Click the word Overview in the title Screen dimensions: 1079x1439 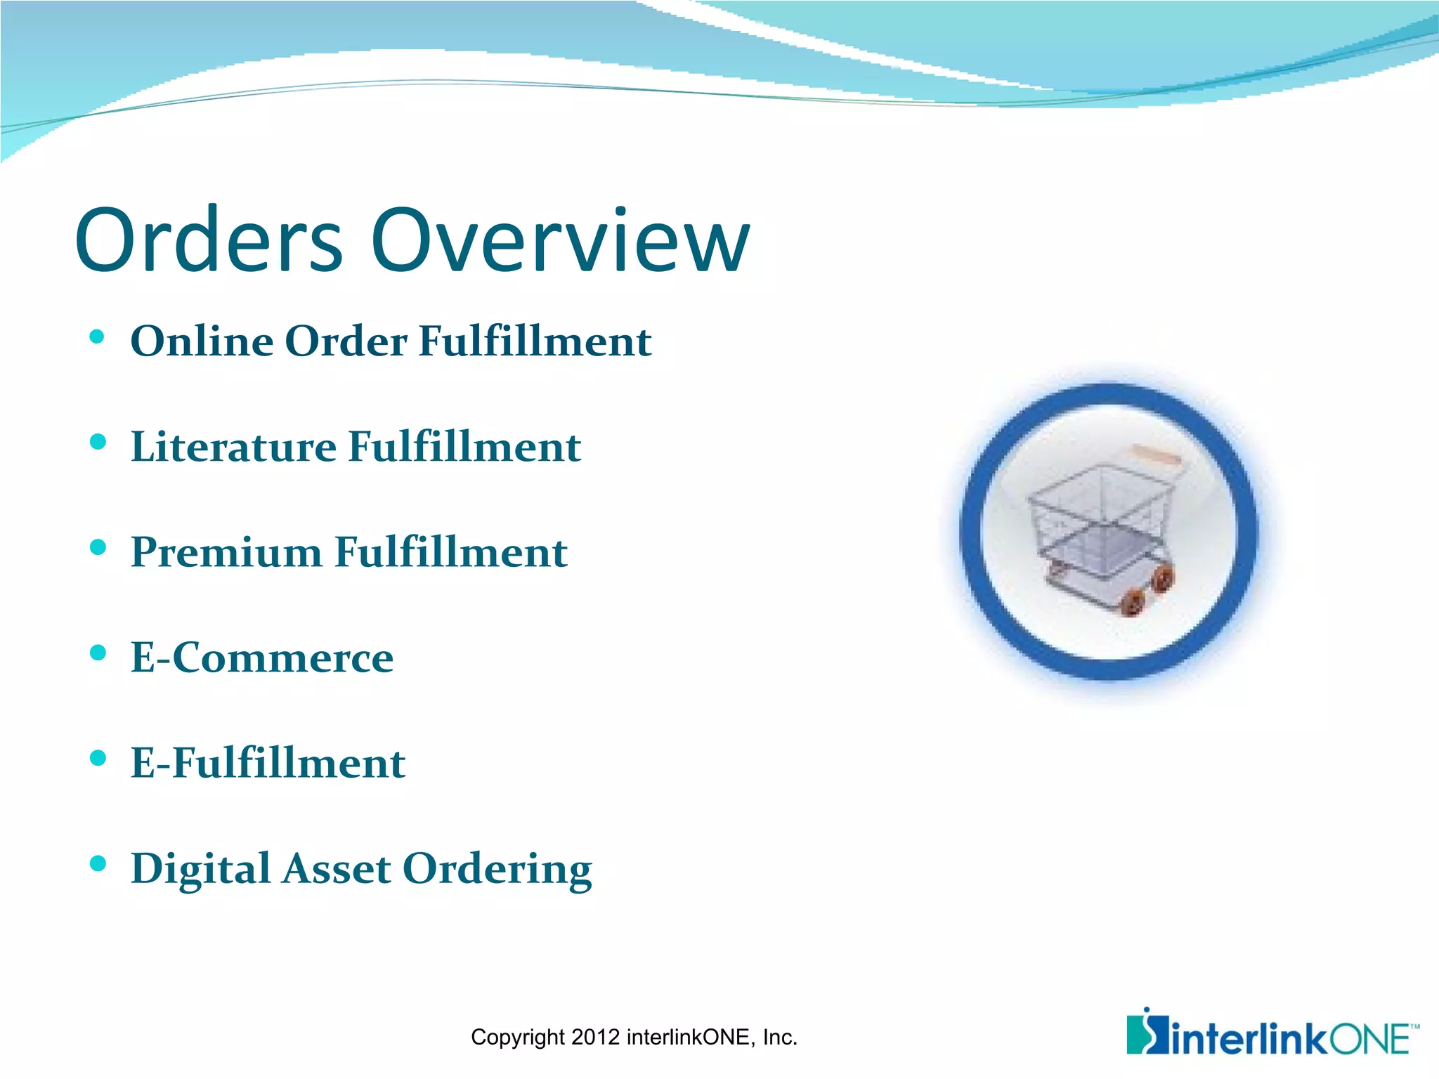[560, 240]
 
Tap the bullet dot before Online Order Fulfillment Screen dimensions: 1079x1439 [98, 337]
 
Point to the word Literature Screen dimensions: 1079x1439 [234, 447]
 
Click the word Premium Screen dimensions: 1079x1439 [226, 552]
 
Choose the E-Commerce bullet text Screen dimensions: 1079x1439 [262, 658]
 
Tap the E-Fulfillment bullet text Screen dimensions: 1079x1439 [268, 763]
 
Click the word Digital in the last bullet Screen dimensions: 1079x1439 [200, 870]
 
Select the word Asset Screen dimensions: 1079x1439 [336, 868]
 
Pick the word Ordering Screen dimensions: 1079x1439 [497, 870]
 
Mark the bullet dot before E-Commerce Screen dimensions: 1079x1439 [98, 653]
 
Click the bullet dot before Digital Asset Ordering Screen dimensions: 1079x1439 [98, 864]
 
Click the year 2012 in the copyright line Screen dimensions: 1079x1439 [595, 1037]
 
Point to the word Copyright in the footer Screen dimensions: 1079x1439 [518, 1038]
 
